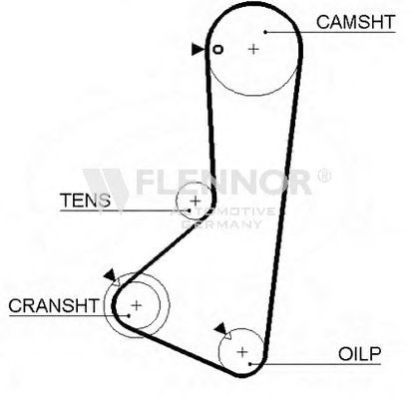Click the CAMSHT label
pyautogui.click(x=355, y=22)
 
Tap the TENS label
pyautogui.click(x=85, y=200)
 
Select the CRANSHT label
pyautogui.click(x=54, y=305)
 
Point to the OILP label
pyautogui.click(x=359, y=354)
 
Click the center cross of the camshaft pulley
pyautogui.click(x=253, y=49)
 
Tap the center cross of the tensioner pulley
pyautogui.click(x=196, y=200)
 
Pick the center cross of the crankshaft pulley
pyautogui.click(x=137, y=305)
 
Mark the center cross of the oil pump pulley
pyautogui.click(x=242, y=352)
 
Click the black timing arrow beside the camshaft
pyautogui.click(x=199, y=50)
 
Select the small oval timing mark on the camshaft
pyautogui.click(x=217, y=50)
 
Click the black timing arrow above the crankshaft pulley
pyautogui.click(x=110, y=274)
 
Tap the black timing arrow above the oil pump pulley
pyautogui.click(x=220, y=328)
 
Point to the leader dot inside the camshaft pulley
pyautogui.click(x=265, y=32)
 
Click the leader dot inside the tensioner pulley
pyautogui.click(x=190, y=210)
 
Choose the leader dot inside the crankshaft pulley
pyautogui.click(x=129, y=315)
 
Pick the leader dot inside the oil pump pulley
pyautogui.click(x=250, y=364)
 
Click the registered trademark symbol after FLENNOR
pyautogui.click(x=324, y=176)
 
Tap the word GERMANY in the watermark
pyautogui.click(x=221, y=224)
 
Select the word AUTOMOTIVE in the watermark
pyautogui.click(x=222, y=211)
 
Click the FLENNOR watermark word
pyautogui.click(x=224, y=182)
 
